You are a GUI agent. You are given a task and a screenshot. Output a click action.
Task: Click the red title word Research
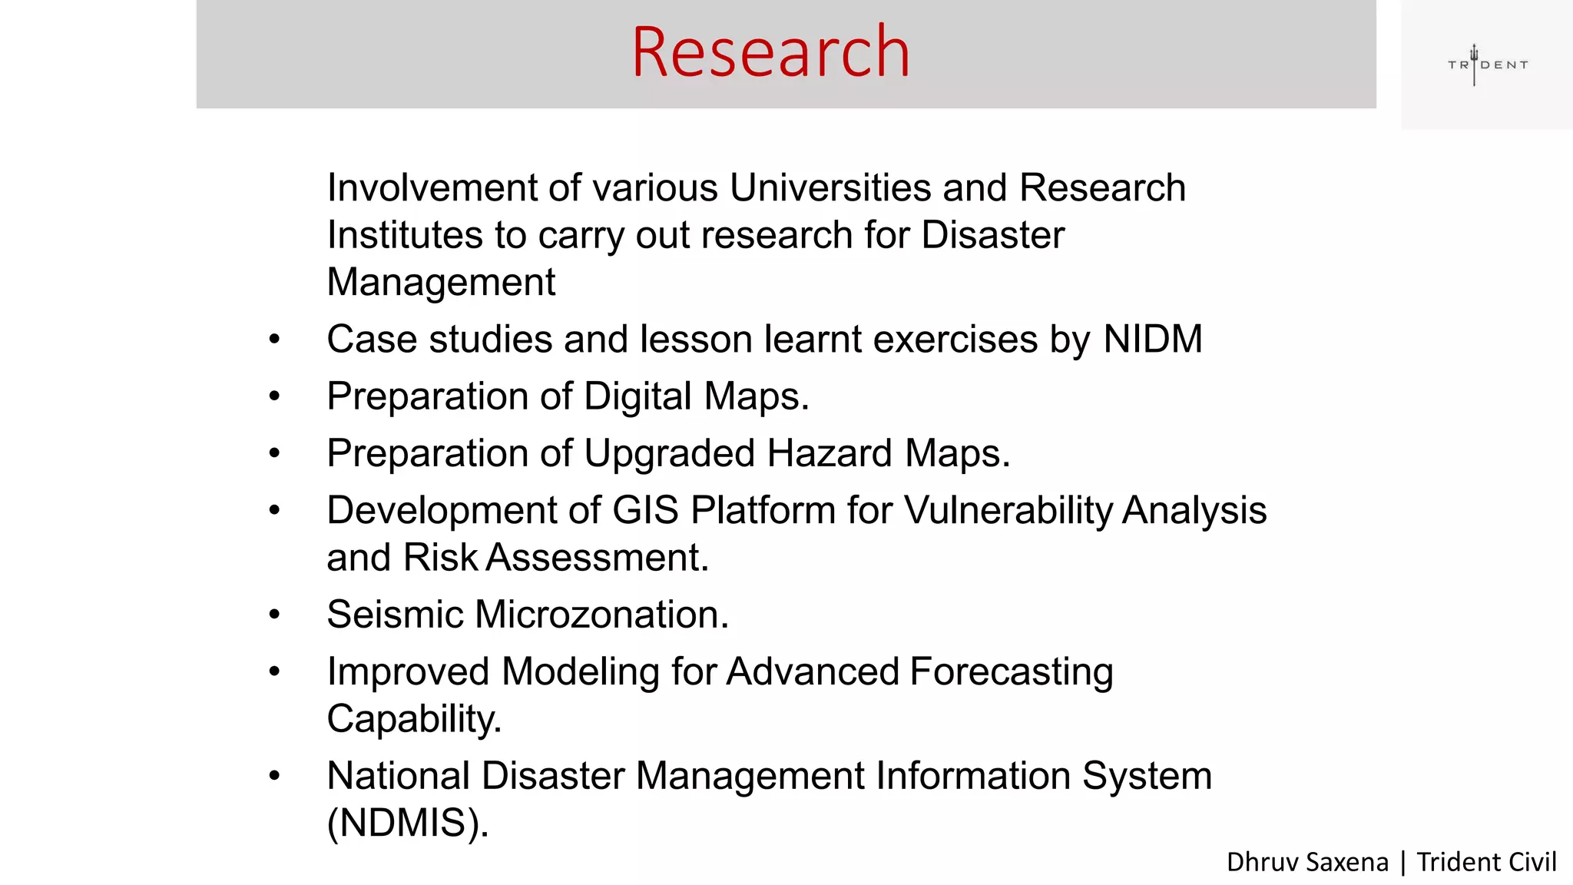[770, 52]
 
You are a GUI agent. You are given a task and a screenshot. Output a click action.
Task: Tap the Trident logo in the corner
[1487, 65]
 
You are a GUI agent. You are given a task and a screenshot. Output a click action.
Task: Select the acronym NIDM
[1152, 340]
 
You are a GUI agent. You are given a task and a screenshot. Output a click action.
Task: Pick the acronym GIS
[645, 511]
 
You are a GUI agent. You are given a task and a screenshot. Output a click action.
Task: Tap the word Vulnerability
[1008, 511]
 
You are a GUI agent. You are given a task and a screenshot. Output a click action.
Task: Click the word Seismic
[395, 615]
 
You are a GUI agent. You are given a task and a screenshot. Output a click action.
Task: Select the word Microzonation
[601, 615]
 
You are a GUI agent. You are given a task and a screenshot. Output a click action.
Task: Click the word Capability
[413, 720]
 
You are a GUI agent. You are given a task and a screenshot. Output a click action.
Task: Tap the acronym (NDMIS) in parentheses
[407, 824]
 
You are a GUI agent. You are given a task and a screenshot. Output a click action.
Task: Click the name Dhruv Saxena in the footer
[1307, 862]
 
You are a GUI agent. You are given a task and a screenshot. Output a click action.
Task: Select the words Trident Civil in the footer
[1486, 862]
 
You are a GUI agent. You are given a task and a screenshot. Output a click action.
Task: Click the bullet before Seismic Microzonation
[275, 615]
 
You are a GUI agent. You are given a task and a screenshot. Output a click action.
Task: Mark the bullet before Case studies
[275, 340]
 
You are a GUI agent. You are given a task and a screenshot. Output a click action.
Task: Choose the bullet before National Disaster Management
[275, 776]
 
